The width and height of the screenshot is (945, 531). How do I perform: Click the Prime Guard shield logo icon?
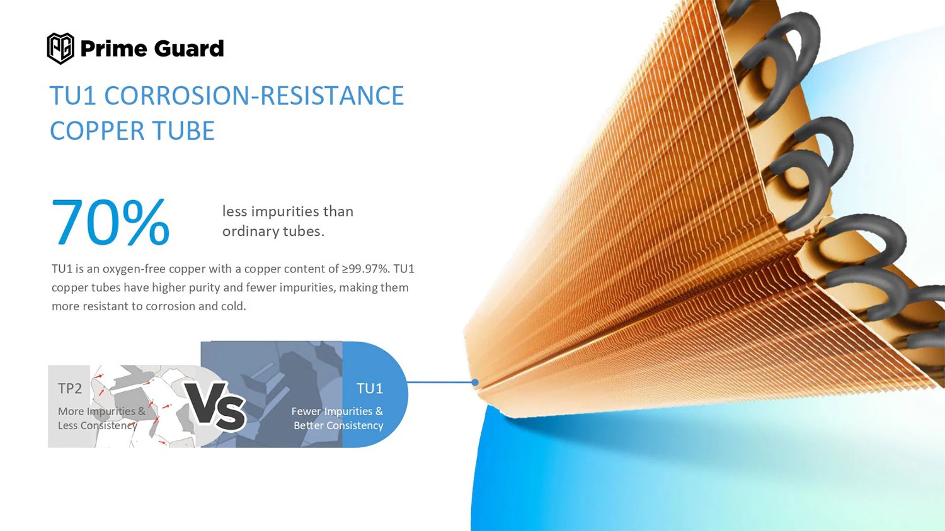(60, 48)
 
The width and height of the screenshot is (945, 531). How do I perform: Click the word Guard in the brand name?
(188, 48)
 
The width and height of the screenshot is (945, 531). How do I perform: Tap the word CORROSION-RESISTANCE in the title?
(254, 96)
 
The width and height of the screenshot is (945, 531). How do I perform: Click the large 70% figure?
(110, 222)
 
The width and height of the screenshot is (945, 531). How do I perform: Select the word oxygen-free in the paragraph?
(134, 269)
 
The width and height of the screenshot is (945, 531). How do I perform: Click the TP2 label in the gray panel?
(70, 389)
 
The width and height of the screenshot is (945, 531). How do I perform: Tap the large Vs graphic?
(215, 406)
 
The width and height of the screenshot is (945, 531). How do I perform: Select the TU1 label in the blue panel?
(369, 389)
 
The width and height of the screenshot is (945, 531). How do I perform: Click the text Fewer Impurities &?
(337, 411)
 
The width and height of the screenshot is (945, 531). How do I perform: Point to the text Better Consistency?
(338, 426)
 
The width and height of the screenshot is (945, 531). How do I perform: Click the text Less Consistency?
(97, 426)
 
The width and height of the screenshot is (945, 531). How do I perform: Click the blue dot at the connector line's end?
(475, 383)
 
